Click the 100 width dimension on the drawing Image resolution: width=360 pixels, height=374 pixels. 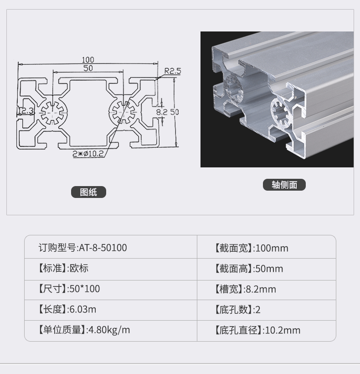[88, 59]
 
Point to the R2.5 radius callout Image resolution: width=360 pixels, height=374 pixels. [173, 71]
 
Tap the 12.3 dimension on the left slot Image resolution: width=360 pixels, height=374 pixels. [26, 111]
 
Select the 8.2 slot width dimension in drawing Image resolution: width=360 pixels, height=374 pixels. [162, 112]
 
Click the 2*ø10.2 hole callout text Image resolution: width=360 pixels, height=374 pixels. [88, 154]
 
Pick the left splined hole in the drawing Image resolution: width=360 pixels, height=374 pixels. [52, 112]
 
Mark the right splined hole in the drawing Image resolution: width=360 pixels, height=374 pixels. [123, 112]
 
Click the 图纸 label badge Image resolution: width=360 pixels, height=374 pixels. [88, 192]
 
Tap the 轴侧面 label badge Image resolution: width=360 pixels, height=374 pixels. [284, 185]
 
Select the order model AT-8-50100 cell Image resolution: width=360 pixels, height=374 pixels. [82, 248]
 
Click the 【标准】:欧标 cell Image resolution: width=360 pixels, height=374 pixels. [63, 268]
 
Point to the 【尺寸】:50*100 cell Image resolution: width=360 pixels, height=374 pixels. [69, 289]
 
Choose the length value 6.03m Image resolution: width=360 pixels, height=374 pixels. [82, 309]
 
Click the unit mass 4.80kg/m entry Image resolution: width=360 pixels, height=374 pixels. [109, 330]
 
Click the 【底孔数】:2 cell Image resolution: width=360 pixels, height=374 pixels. [237, 310]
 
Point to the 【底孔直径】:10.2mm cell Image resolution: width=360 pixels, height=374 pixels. [257, 330]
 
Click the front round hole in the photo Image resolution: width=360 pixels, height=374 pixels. [281, 113]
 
